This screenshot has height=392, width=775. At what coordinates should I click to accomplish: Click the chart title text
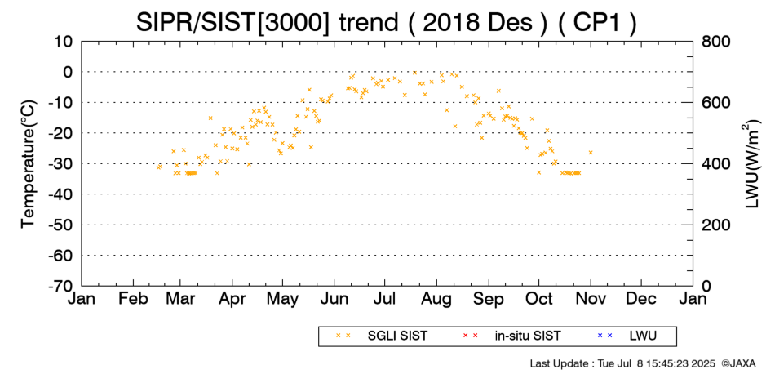(x=387, y=22)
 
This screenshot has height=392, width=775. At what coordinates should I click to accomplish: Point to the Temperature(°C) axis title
(x=29, y=164)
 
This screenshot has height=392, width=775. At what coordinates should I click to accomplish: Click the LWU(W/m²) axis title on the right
(x=750, y=163)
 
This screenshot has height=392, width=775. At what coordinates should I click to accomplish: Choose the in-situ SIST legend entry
(x=528, y=336)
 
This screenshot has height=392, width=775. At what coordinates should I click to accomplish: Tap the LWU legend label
(x=643, y=336)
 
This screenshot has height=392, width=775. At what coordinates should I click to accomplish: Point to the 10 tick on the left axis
(x=64, y=42)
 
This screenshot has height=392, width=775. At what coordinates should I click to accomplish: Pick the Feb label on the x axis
(x=133, y=299)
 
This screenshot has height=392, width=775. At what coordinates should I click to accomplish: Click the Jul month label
(x=384, y=299)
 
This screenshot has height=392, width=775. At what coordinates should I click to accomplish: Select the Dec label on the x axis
(x=641, y=299)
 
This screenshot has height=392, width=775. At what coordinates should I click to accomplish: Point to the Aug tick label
(x=436, y=300)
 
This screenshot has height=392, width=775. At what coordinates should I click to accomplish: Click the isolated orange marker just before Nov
(x=590, y=153)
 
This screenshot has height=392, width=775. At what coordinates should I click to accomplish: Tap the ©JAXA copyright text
(x=738, y=363)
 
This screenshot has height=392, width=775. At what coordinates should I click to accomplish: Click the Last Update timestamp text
(x=622, y=363)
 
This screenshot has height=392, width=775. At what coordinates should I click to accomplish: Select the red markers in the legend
(x=470, y=336)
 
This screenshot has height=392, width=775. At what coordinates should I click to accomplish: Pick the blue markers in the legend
(x=604, y=336)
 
